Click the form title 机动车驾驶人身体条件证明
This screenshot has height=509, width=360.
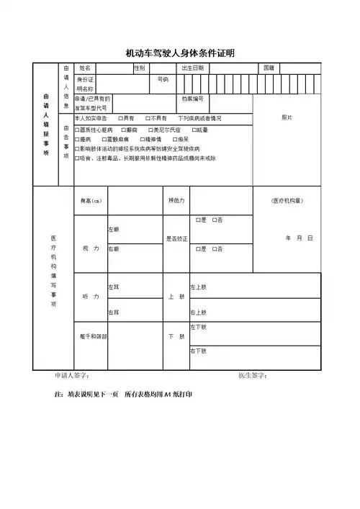(x=180, y=53)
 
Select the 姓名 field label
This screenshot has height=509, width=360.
(x=84, y=68)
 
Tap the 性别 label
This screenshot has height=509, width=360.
(x=140, y=68)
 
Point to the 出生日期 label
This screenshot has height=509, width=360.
(x=192, y=68)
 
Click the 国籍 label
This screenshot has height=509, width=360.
(x=269, y=68)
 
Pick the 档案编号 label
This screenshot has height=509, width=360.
(x=192, y=99)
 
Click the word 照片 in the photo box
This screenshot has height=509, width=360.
(x=287, y=117)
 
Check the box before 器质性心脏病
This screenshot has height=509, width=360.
(x=77, y=130)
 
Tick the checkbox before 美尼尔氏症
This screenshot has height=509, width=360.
(x=153, y=130)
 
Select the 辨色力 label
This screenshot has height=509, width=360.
(x=176, y=200)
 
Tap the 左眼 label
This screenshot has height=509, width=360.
(x=113, y=230)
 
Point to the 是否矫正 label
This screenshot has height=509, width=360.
(x=176, y=238)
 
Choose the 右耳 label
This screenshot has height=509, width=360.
(x=113, y=312)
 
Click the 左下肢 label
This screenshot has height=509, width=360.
(x=198, y=328)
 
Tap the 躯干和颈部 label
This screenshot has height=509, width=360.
(x=94, y=336)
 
